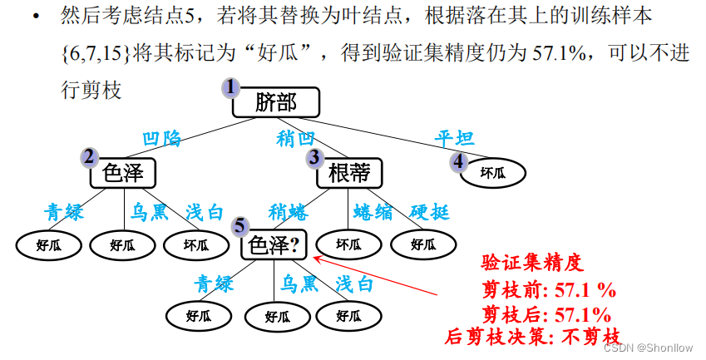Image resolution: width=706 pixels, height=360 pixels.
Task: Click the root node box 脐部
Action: click(x=276, y=102)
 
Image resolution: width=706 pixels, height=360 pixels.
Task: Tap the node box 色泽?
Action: click(x=274, y=246)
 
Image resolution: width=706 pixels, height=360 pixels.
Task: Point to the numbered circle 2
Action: click(x=89, y=156)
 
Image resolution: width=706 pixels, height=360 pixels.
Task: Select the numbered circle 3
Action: click(x=314, y=156)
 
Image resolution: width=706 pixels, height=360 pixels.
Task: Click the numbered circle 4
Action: click(x=458, y=161)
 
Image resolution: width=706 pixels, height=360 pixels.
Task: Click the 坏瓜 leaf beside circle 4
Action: click(x=492, y=173)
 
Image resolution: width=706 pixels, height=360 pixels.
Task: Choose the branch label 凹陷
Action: click(x=161, y=139)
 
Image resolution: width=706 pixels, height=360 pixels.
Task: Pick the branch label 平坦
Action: click(x=454, y=138)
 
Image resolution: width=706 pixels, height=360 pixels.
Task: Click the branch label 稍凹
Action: click(x=296, y=138)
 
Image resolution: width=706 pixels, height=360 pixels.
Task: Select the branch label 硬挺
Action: click(x=429, y=213)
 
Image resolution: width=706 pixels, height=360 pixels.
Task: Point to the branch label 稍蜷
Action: click(x=289, y=213)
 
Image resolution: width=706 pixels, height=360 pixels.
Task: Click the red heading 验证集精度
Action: click(x=533, y=264)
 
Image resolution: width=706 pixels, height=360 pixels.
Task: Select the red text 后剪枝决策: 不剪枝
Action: click(x=533, y=337)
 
